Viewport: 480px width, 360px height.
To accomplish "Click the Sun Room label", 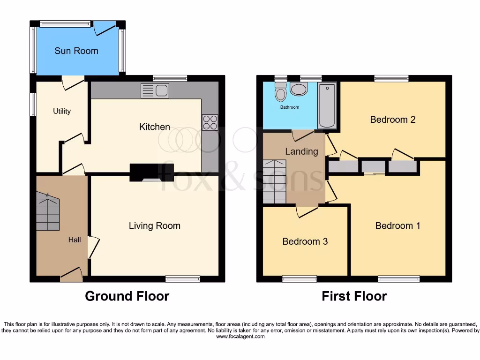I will [76, 51].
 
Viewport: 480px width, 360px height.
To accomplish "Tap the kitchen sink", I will [155, 90].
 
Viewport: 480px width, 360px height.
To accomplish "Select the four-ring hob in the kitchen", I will [210, 122].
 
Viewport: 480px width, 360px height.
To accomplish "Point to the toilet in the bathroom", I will [281, 92].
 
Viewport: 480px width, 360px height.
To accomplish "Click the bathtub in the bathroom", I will [327, 106].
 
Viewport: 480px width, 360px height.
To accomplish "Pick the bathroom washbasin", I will [299, 89].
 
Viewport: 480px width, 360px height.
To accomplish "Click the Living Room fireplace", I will [151, 172].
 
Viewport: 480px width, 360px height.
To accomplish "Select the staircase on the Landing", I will [274, 181].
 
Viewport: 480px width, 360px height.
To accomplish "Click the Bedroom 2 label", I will [393, 120].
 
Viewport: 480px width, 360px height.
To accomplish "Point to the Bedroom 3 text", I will [305, 241].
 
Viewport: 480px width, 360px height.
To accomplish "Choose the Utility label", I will [62, 111].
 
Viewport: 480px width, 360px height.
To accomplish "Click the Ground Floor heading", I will [127, 296].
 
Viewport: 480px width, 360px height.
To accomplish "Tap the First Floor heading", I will [354, 296].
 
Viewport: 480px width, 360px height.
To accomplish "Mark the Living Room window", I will [183, 279].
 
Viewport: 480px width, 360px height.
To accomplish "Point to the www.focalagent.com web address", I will [240, 336].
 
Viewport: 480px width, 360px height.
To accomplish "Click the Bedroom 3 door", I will [307, 210].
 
